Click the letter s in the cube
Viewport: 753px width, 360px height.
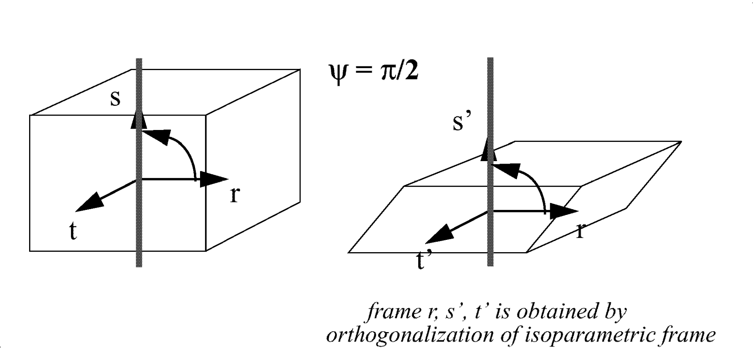(116, 99)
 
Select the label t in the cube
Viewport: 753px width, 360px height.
(73, 232)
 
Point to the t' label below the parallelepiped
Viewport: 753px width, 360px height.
(424, 260)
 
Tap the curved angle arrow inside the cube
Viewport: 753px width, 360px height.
(180, 148)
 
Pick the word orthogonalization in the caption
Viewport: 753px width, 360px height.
(410, 335)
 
